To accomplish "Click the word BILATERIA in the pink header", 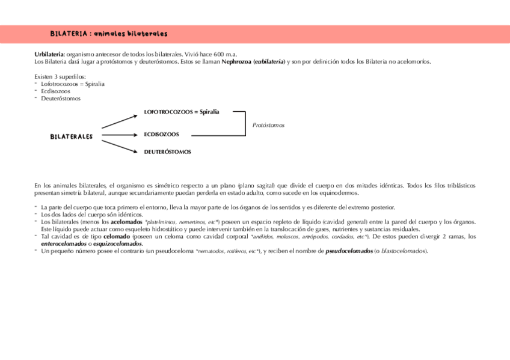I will (x=68, y=34).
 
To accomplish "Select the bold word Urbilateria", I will (x=49, y=55).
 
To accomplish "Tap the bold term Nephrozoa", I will (x=236, y=61).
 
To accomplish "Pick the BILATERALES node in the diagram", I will (x=71, y=136).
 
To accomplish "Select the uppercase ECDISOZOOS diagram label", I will (x=161, y=135).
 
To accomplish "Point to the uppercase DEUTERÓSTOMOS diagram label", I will (x=167, y=152).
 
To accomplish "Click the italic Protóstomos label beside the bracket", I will (x=268, y=125).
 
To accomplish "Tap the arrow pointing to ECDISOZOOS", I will (x=120, y=135).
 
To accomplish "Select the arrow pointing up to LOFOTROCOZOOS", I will (x=120, y=119).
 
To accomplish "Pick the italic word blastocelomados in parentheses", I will (x=402, y=251).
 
